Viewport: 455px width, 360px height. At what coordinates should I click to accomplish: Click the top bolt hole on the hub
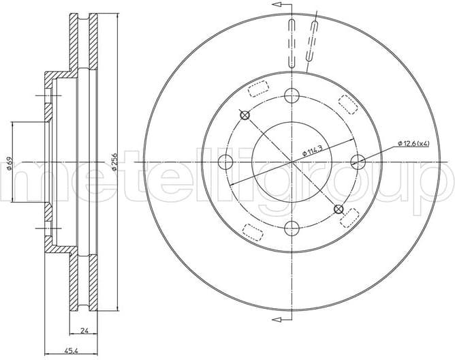(292, 95)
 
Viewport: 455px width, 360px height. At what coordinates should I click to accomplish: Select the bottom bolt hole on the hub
(292, 228)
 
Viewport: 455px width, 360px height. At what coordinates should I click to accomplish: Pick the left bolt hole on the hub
(225, 162)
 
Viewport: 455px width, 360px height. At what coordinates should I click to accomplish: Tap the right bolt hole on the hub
(358, 162)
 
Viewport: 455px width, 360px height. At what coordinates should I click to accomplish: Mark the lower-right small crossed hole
(339, 208)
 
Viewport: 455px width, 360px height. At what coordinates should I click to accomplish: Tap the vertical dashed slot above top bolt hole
(292, 42)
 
